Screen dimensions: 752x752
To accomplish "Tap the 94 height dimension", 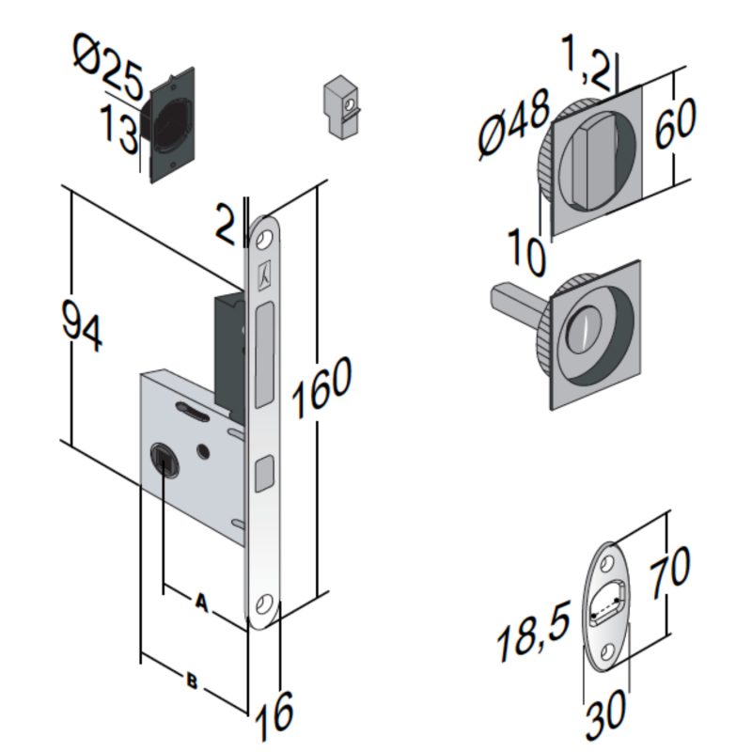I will point(82,325).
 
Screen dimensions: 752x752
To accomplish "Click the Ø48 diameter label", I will point(513,124).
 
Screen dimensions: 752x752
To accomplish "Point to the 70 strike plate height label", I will point(668,570).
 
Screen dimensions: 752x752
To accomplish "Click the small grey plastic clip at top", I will point(339,106).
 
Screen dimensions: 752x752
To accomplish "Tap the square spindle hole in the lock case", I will point(162,460).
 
